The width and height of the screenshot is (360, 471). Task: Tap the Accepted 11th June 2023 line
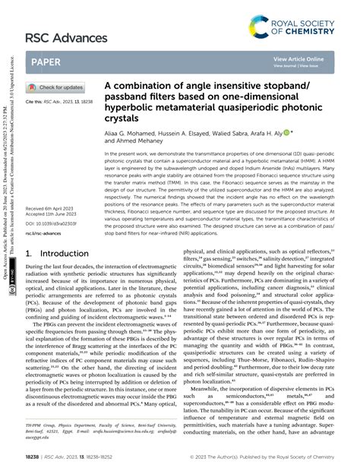(55, 215)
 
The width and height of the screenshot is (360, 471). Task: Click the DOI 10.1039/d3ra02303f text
(55, 224)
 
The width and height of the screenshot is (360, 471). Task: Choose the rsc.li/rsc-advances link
(47, 233)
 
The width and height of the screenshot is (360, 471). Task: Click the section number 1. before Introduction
(29, 254)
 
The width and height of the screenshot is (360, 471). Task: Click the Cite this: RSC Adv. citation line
(59, 101)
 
